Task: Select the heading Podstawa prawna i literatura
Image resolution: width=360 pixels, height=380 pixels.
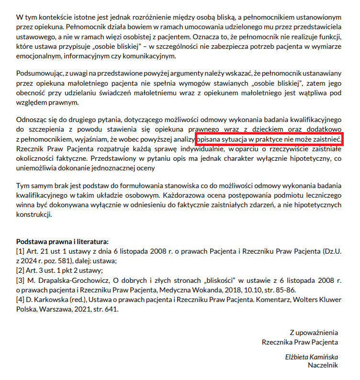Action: point(62,242)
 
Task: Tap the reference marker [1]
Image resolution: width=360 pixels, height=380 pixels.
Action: point(21,252)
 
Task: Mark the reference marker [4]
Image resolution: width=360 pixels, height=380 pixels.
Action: point(21,300)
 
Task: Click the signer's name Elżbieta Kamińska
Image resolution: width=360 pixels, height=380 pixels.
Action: point(311,357)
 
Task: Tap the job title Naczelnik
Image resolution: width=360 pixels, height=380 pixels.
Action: point(323,365)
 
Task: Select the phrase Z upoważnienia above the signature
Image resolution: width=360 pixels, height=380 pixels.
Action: point(314,333)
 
